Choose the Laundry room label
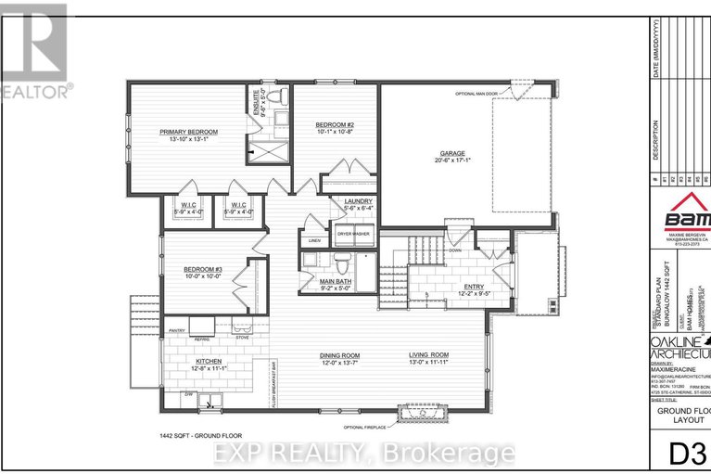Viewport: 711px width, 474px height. click(358, 201)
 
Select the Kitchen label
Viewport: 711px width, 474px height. click(209, 363)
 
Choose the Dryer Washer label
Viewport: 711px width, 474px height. click(353, 235)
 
